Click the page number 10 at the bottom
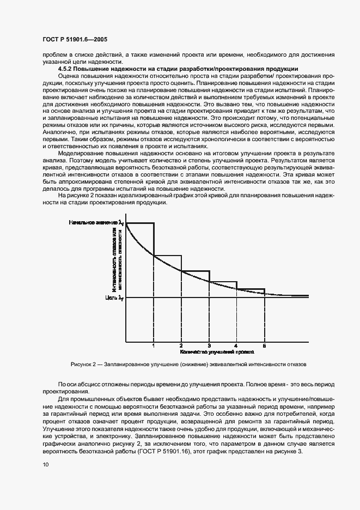(45, 464)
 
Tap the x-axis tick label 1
(154, 346)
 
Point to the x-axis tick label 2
(181, 346)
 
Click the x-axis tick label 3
(209, 346)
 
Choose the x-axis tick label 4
(236, 346)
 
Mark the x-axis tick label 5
(264, 346)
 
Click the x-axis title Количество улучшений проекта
(209, 353)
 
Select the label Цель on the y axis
(111, 297)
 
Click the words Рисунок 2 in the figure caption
(83, 363)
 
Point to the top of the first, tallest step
(140, 223)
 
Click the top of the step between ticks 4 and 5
(251, 289)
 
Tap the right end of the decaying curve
(308, 295)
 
